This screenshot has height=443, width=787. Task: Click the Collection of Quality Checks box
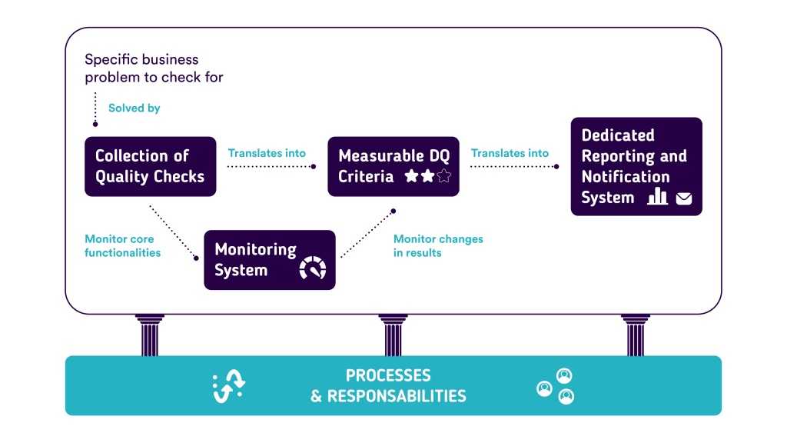click(x=150, y=166)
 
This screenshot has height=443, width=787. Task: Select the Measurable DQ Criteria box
click(x=393, y=166)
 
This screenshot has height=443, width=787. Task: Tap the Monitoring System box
click(x=269, y=260)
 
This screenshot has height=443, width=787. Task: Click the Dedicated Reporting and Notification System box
click(x=636, y=166)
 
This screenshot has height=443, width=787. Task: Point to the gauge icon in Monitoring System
click(x=313, y=268)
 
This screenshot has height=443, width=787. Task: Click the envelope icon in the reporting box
click(x=683, y=199)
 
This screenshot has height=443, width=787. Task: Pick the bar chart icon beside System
click(x=657, y=197)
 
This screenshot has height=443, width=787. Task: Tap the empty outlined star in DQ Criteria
click(x=443, y=177)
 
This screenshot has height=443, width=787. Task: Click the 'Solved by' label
click(x=134, y=108)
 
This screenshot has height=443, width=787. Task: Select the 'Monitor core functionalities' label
click(x=122, y=245)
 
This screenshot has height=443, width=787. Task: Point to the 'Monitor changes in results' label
click(x=438, y=245)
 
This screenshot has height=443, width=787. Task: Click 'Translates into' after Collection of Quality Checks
click(x=267, y=154)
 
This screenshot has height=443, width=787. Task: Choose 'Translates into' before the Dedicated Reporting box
click(x=510, y=154)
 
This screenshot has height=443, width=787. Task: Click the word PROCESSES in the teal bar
click(x=388, y=376)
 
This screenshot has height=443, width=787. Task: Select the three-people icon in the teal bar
click(x=556, y=386)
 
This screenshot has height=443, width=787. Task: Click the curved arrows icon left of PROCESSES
click(x=228, y=386)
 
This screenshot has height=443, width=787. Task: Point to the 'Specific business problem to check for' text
click(x=154, y=68)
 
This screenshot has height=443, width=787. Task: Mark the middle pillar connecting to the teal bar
click(x=393, y=335)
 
